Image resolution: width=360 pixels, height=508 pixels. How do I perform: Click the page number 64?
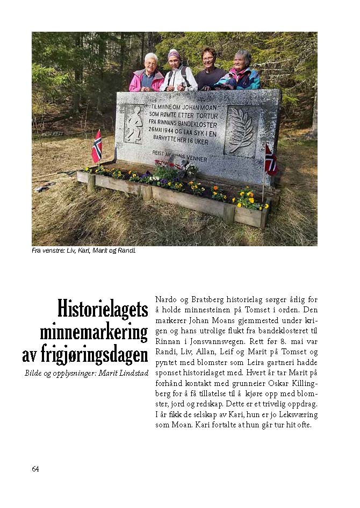pos(35,469)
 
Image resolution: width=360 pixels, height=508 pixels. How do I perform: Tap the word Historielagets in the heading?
pos(102,310)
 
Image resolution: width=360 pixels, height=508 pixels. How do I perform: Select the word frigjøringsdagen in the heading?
pos(85,355)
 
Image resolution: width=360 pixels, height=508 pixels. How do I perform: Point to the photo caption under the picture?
pos(83,250)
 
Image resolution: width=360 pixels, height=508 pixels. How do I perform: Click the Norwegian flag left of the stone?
pos(97,147)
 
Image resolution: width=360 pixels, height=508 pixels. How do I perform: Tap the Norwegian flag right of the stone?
pos(270,160)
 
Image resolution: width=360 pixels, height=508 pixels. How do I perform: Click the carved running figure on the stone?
pos(134,124)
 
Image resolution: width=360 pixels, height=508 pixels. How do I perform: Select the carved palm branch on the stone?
pos(241,131)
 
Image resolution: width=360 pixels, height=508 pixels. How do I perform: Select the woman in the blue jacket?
pos(241,73)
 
